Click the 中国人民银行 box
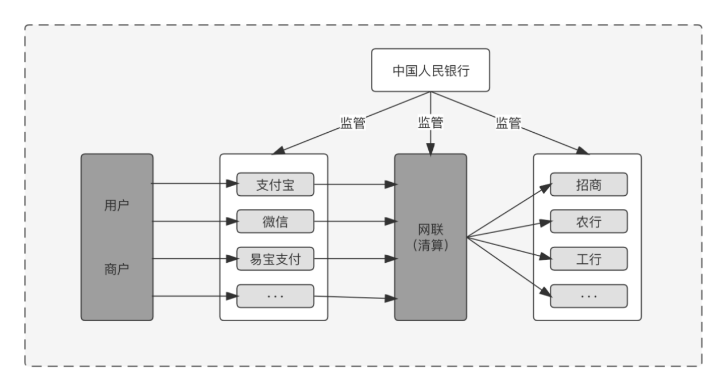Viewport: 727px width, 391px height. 431,70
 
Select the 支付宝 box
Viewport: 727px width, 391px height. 275,184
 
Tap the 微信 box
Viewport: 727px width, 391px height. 275,221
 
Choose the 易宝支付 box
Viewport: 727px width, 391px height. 275,259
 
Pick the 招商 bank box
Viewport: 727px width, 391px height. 589,184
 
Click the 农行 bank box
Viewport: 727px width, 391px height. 589,221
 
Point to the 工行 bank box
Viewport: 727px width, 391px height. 589,259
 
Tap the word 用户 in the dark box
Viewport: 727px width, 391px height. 117,205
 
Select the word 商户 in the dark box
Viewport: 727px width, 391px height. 117,268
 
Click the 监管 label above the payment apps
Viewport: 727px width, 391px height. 352,123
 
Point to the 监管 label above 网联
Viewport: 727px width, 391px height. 431,123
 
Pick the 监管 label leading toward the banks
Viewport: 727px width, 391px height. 508,123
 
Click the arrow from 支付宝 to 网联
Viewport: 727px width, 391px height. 355,184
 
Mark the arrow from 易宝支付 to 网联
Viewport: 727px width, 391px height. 355,259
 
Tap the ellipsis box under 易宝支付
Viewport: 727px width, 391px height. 275,296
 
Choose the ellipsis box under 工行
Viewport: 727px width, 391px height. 589,296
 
